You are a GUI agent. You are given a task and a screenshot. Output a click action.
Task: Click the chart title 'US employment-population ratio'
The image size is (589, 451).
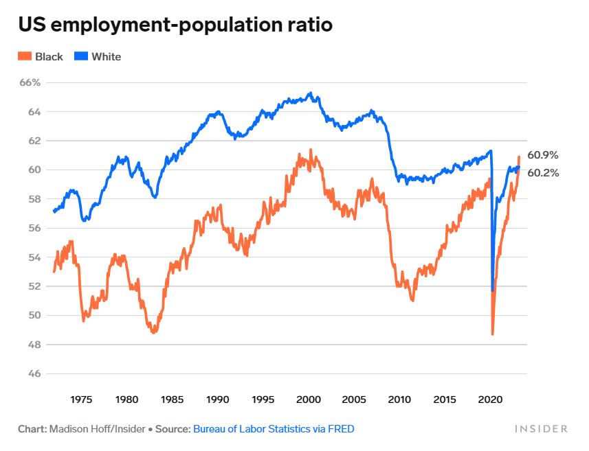pyautogui.click(x=175, y=25)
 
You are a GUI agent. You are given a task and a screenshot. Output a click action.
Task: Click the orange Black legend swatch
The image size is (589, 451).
pyautogui.click(x=25, y=56)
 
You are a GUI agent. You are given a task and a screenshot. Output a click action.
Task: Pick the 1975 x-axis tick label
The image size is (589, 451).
pyautogui.click(x=81, y=400)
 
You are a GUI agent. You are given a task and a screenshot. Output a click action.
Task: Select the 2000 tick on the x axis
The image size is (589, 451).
pyautogui.click(x=309, y=400)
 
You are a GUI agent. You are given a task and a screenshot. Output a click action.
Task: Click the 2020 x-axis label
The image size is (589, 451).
pyautogui.click(x=491, y=400)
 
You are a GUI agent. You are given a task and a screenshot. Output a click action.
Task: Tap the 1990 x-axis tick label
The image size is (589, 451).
pyautogui.click(x=217, y=400)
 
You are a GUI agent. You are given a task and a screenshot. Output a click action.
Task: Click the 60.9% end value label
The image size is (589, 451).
pyautogui.click(x=543, y=155)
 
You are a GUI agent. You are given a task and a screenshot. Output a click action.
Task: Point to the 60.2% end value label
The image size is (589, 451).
pyautogui.click(x=543, y=173)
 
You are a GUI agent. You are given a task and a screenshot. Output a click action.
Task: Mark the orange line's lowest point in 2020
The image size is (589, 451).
pyautogui.click(x=493, y=334)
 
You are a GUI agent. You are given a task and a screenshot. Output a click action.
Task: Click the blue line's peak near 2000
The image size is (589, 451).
pyautogui.click(x=311, y=93)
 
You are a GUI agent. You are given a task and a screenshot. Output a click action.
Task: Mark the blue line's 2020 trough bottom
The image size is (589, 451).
pyautogui.click(x=493, y=290)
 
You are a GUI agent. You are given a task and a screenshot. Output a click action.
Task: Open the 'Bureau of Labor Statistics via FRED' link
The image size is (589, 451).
pyautogui.click(x=274, y=429)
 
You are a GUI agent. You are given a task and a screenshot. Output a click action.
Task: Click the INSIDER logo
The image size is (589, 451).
pyautogui.click(x=542, y=429)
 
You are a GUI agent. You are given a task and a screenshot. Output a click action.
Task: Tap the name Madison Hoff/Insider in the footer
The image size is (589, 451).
pyautogui.click(x=97, y=429)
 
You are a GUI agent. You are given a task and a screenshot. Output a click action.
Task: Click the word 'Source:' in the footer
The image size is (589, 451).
pyautogui.click(x=173, y=429)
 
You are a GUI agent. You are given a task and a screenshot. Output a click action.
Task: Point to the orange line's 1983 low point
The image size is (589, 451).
pyautogui.click(x=154, y=332)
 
